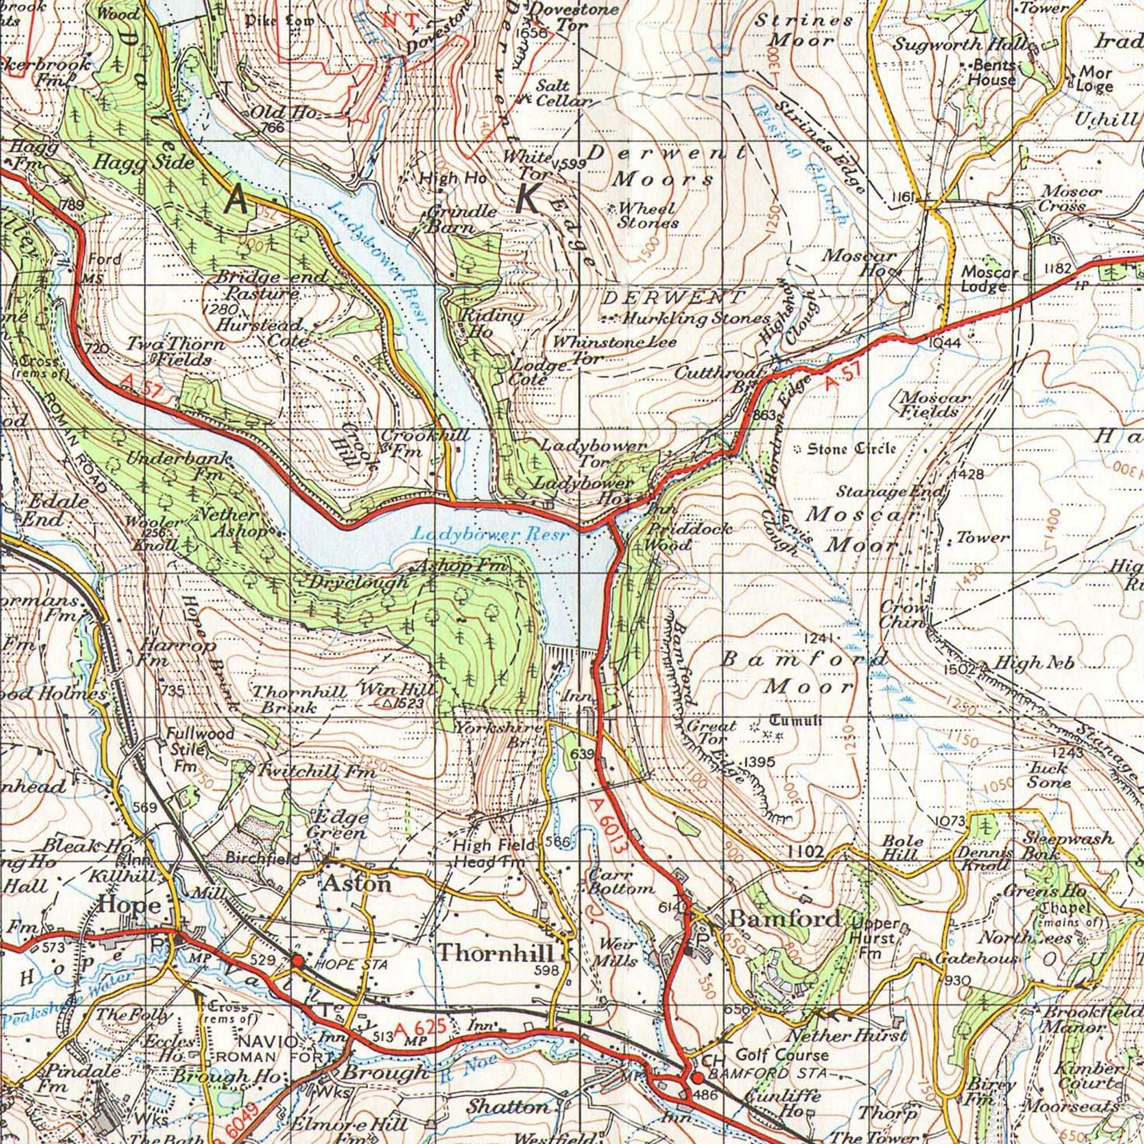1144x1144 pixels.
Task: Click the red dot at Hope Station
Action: (x=298, y=960)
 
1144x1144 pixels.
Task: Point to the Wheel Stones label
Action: (x=647, y=216)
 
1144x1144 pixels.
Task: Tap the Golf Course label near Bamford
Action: (x=781, y=1055)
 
